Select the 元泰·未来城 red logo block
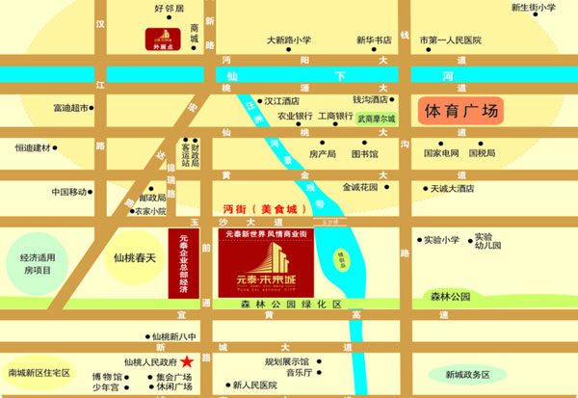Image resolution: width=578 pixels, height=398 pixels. click(x=264, y=267)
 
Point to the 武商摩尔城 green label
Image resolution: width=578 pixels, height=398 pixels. click(x=377, y=119)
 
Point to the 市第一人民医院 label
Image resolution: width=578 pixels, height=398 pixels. click(x=451, y=40)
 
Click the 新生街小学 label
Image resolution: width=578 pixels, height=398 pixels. click(x=533, y=8)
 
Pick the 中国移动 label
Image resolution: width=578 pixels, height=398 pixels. click(x=69, y=191)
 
